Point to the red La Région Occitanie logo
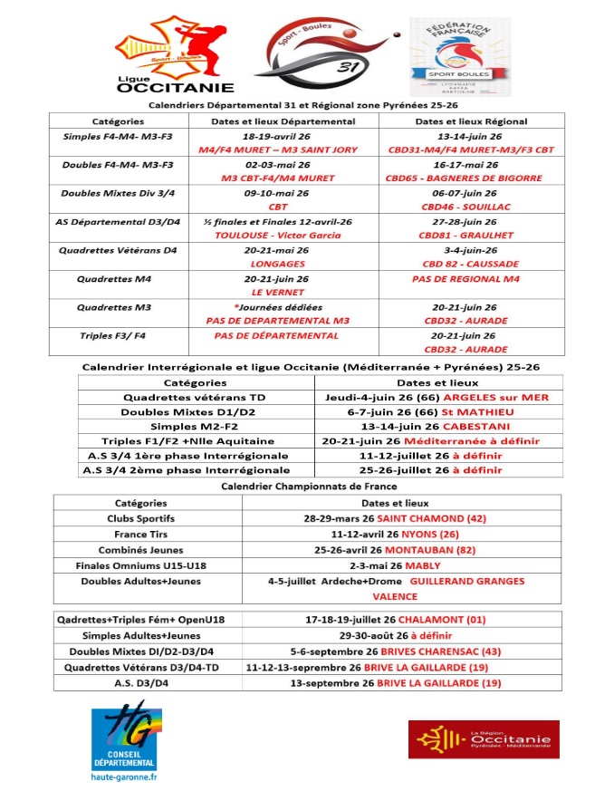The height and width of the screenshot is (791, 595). tap(484, 739)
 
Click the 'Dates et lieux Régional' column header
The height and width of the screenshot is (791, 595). tap(471, 121)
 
